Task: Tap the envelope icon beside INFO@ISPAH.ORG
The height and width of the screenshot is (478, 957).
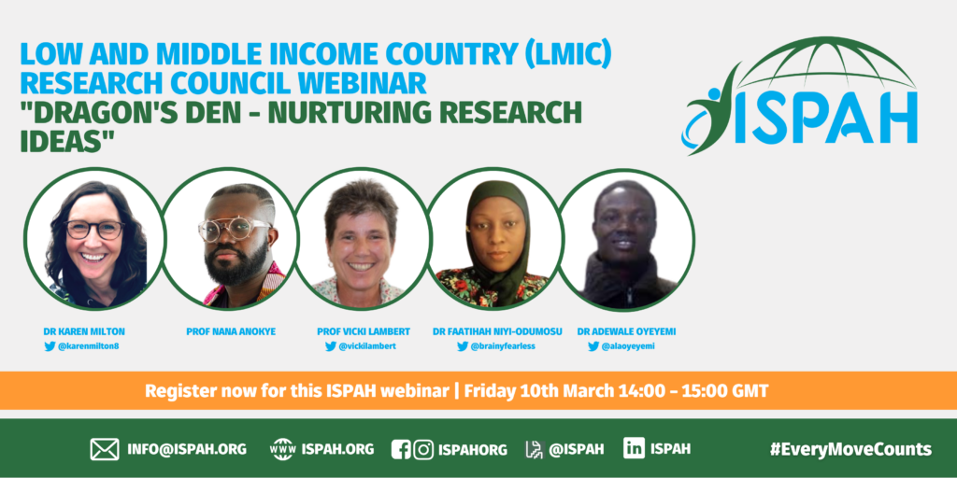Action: coord(105,449)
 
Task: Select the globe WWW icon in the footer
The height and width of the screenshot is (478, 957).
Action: coord(282,449)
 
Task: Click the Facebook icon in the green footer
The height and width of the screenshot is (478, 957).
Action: coord(400,449)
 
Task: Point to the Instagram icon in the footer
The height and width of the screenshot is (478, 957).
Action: coord(423,449)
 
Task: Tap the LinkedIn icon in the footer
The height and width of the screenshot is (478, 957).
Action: coord(635,449)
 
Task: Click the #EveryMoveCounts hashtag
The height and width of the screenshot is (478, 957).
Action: coord(850,449)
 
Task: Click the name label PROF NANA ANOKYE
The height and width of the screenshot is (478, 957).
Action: coord(231,331)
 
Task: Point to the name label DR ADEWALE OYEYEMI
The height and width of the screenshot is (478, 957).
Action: coord(626,331)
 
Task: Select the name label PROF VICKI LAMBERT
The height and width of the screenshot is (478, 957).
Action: coord(364,331)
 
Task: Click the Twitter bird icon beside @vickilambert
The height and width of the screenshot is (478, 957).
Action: coord(330,346)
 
